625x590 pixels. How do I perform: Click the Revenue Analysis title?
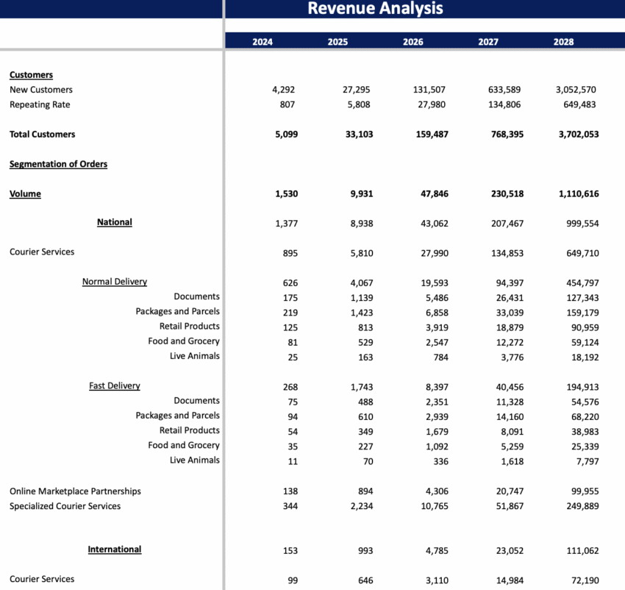(x=375, y=9)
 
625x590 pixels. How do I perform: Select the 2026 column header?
(x=413, y=42)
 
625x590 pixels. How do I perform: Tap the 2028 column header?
(x=564, y=42)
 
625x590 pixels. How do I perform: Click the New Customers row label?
(x=41, y=90)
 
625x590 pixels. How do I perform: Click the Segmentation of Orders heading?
(x=58, y=164)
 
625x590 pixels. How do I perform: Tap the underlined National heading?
(x=115, y=222)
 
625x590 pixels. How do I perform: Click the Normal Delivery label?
(x=115, y=282)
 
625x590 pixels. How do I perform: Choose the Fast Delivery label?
(x=115, y=385)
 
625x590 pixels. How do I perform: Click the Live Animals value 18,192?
(x=582, y=356)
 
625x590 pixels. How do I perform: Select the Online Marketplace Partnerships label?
(x=75, y=491)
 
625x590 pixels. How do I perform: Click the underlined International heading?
(x=115, y=550)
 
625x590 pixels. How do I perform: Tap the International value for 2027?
(x=508, y=550)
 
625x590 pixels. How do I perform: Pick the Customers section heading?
(x=31, y=75)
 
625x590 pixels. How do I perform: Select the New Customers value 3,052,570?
(x=575, y=90)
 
